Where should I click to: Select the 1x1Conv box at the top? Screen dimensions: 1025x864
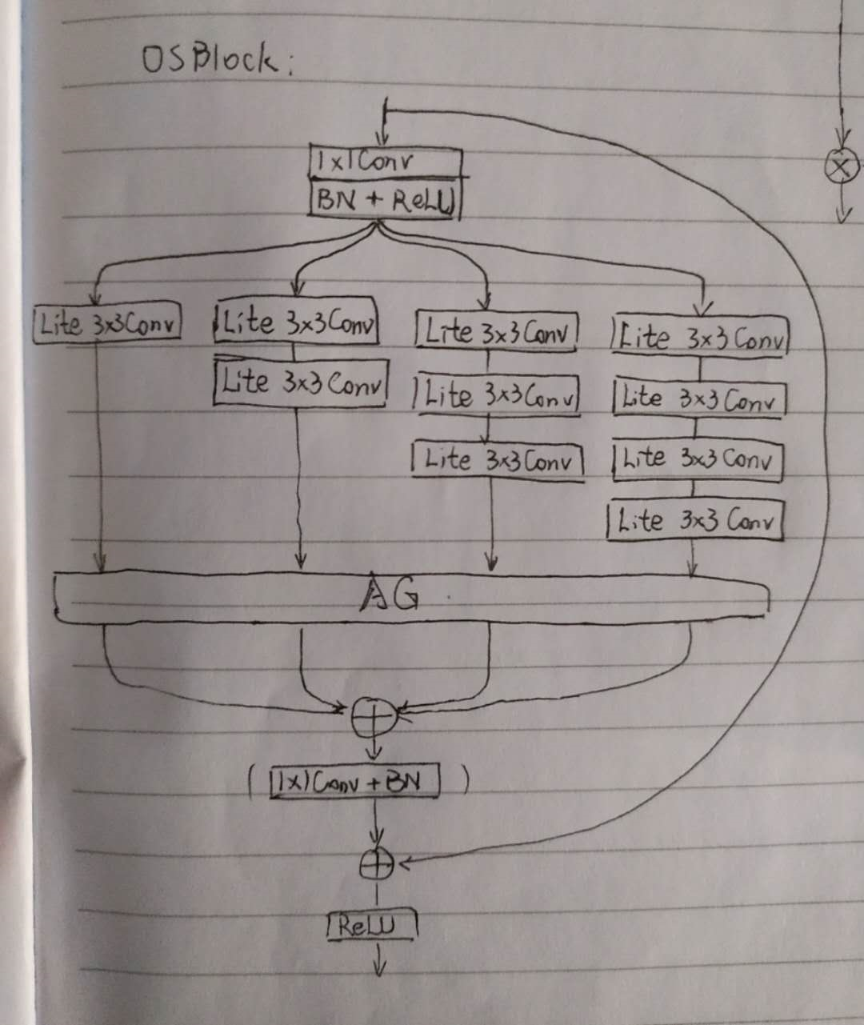point(385,162)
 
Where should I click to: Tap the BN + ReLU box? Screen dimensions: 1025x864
point(385,199)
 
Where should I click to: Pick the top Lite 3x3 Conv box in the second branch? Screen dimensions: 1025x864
point(296,323)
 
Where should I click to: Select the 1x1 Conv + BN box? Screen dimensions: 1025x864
point(355,782)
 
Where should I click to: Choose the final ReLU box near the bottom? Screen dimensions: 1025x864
point(373,926)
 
